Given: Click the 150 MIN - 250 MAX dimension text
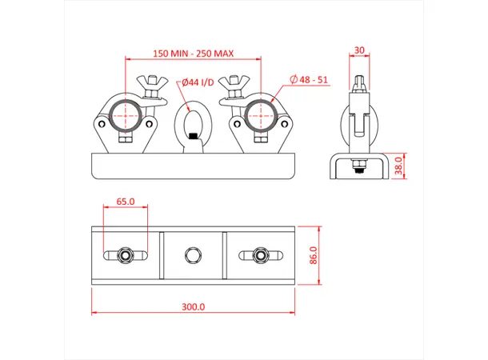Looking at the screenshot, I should (192, 53).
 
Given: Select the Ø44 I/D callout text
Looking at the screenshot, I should (196, 82).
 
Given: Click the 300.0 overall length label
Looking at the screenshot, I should (194, 306).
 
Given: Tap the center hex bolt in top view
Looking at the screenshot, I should (193, 256).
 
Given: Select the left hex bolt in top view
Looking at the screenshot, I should (126, 256).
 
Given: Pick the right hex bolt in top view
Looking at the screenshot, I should (260, 256).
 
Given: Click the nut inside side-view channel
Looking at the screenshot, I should (359, 167).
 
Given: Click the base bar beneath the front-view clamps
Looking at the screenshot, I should (193, 166).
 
